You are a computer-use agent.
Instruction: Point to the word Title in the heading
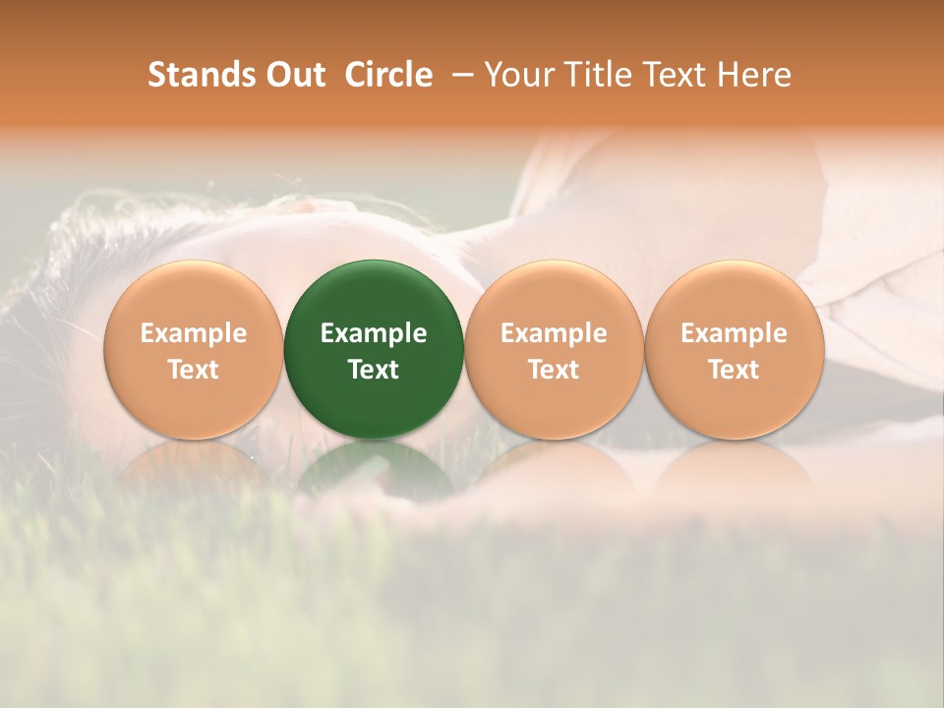588,75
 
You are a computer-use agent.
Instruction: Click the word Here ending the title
755,75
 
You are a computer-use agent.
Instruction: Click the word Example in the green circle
374,333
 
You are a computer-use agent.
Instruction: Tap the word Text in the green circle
374,370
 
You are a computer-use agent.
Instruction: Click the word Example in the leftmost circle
193,333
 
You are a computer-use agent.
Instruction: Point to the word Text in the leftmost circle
193,370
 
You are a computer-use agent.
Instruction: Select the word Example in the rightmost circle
734,333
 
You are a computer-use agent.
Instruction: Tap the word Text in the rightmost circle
734,370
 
